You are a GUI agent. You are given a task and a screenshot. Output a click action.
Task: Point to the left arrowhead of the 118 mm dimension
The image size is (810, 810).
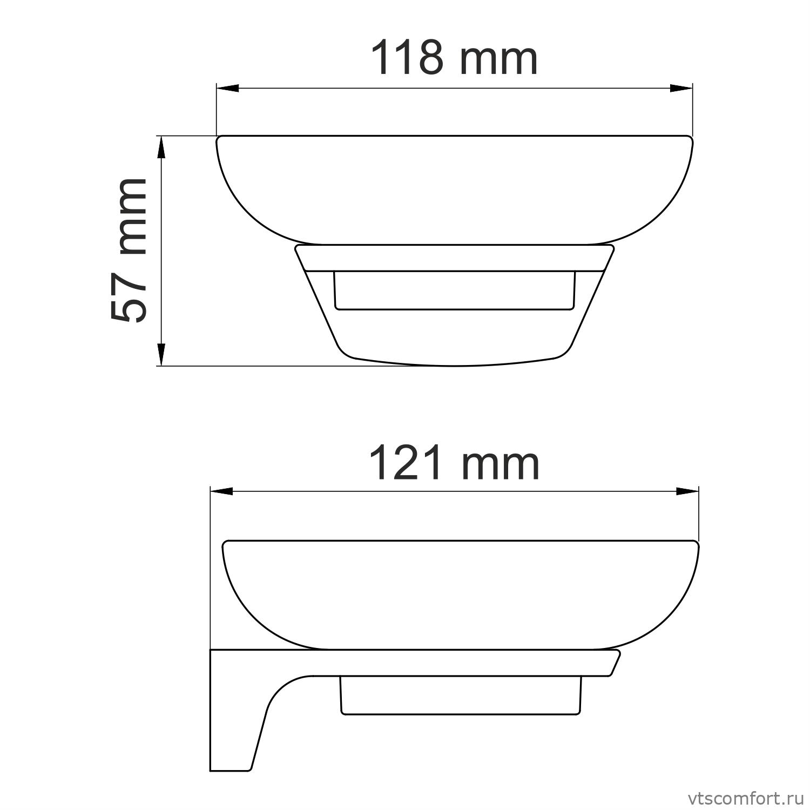tap(227, 89)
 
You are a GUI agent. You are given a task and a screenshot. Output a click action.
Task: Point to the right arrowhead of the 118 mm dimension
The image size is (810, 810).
tap(681, 89)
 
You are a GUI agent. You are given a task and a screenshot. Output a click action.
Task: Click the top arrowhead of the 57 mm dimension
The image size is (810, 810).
tap(160, 147)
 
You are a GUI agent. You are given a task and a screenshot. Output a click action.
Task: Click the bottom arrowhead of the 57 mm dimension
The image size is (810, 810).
tap(160, 355)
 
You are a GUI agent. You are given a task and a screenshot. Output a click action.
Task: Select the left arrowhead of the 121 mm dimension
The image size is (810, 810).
tap(221, 491)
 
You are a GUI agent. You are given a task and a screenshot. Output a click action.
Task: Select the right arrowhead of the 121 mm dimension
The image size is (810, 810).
tap(687, 491)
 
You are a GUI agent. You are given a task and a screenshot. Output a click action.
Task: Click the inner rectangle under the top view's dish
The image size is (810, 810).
tap(454, 292)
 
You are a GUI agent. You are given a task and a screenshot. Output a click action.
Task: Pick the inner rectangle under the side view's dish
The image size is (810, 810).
tap(461, 697)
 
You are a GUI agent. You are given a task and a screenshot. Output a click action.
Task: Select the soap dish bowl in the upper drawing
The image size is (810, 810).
tap(454, 189)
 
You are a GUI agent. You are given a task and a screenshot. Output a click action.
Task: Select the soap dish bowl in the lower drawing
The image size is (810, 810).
tap(461, 594)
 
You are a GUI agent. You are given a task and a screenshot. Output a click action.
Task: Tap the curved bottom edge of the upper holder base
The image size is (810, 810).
tap(454, 363)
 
